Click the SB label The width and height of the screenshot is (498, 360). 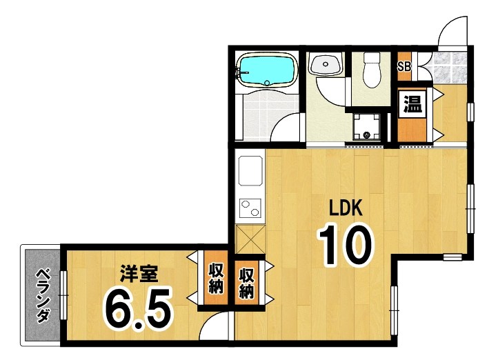tap(405, 67)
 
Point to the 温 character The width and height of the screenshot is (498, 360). tap(412, 106)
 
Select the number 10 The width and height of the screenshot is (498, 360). tap(344, 246)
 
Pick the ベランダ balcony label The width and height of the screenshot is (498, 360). tap(43, 294)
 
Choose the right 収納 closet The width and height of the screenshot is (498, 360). tap(246, 282)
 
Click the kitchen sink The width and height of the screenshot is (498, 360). tap(249, 170)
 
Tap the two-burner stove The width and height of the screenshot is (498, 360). tap(249, 208)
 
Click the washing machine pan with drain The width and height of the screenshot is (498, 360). tap(366, 128)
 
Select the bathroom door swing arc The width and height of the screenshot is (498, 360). tap(285, 127)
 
